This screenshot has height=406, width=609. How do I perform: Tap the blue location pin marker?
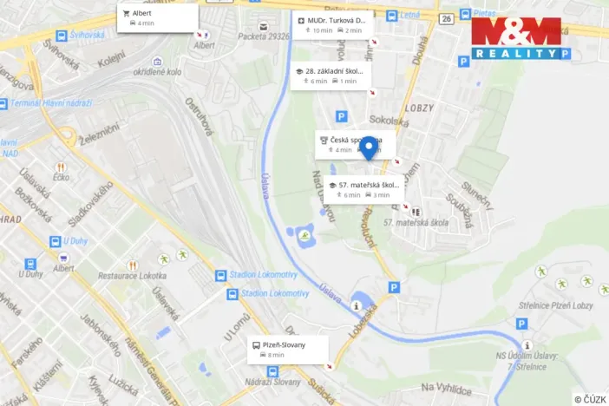tap(369, 148)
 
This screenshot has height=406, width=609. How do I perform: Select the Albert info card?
tap(157, 17)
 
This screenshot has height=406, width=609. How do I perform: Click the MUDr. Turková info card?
tap(333, 24)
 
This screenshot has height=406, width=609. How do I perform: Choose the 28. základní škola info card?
tap(331, 75)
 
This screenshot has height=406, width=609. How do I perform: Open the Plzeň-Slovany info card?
tap(289, 349)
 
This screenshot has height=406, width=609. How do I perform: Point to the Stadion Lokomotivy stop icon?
tap(220, 276)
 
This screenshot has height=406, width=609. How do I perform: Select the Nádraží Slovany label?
tap(275, 383)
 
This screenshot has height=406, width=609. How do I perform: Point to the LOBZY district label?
tap(420, 108)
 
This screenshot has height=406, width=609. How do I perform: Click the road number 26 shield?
tap(446, 18)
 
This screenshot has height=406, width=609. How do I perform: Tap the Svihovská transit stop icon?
tap(61, 36)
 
